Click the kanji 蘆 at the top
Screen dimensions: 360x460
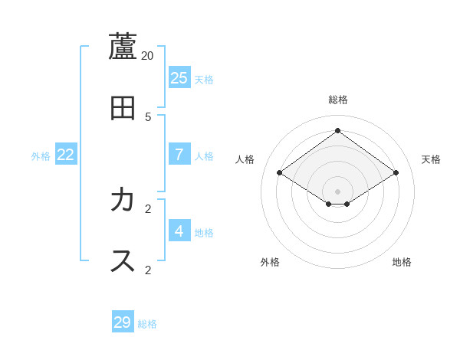click(123, 47)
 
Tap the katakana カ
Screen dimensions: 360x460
click(123, 200)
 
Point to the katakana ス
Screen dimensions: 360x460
click(123, 260)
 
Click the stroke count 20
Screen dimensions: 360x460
click(148, 56)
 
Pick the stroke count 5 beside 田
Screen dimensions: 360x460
click(148, 117)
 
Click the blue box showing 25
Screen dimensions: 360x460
click(179, 77)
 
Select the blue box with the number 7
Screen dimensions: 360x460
click(179, 154)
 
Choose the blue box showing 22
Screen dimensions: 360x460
click(66, 154)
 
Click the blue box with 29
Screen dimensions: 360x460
click(123, 322)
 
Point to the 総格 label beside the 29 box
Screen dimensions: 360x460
click(147, 324)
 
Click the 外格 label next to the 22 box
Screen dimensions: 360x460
click(41, 156)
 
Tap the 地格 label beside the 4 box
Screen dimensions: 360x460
click(204, 233)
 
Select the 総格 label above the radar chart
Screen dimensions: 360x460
click(338, 100)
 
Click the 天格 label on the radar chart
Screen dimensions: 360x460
click(431, 159)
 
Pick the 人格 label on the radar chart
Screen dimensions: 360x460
click(245, 159)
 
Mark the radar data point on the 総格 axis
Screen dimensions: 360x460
click(337, 130)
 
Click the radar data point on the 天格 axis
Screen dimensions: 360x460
click(396, 173)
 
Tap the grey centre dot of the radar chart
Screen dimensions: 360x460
click(337, 191)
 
